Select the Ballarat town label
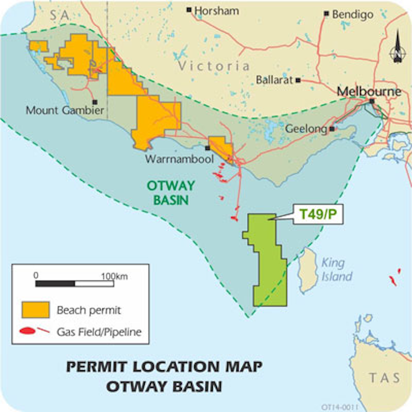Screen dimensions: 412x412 (x=274, y=79)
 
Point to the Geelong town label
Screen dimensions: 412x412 (x=306, y=130)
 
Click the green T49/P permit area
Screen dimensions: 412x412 (x=266, y=263)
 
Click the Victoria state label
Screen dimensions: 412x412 (x=213, y=66)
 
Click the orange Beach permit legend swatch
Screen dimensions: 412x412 (x=35, y=310)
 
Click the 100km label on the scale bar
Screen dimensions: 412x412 (x=114, y=276)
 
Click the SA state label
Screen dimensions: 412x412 (x=58, y=17)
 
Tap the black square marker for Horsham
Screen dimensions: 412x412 (x=189, y=10)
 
